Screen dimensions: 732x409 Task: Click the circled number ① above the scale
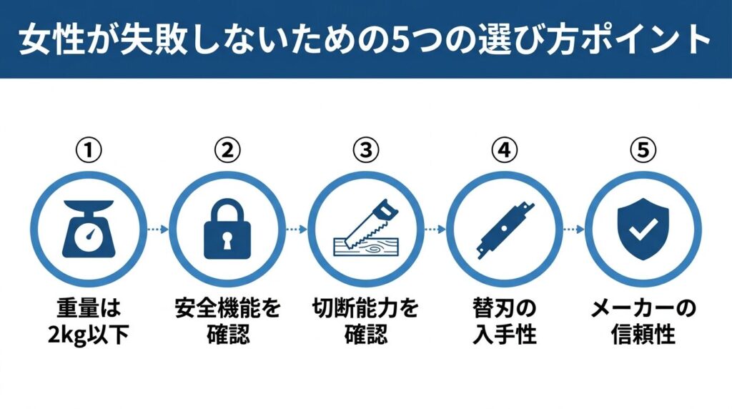click(x=88, y=150)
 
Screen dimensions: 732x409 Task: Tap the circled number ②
click(x=227, y=150)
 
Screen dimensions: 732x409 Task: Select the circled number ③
click(x=366, y=150)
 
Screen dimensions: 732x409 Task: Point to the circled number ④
click(x=504, y=150)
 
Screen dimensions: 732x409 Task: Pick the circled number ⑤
click(x=643, y=150)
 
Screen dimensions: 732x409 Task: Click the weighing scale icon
click(x=89, y=230)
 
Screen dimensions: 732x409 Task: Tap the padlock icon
click(x=227, y=230)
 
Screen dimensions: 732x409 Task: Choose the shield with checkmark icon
click(x=643, y=230)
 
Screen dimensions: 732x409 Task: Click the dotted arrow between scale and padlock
click(x=158, y=230)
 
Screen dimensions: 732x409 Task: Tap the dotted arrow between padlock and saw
click(x=297, y=230)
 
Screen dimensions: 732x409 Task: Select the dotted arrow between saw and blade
click(x=435, y=230)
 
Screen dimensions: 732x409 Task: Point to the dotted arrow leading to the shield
click(x=574, y=230)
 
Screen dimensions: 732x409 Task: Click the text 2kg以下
click(x=88, y=335)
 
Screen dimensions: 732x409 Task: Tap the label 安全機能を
click(x=227, y=308)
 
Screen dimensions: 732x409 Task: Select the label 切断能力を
click(x=365, y=308)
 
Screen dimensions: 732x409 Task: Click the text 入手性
click(x=504, y=335)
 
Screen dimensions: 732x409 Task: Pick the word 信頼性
click(x=643, y=335)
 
